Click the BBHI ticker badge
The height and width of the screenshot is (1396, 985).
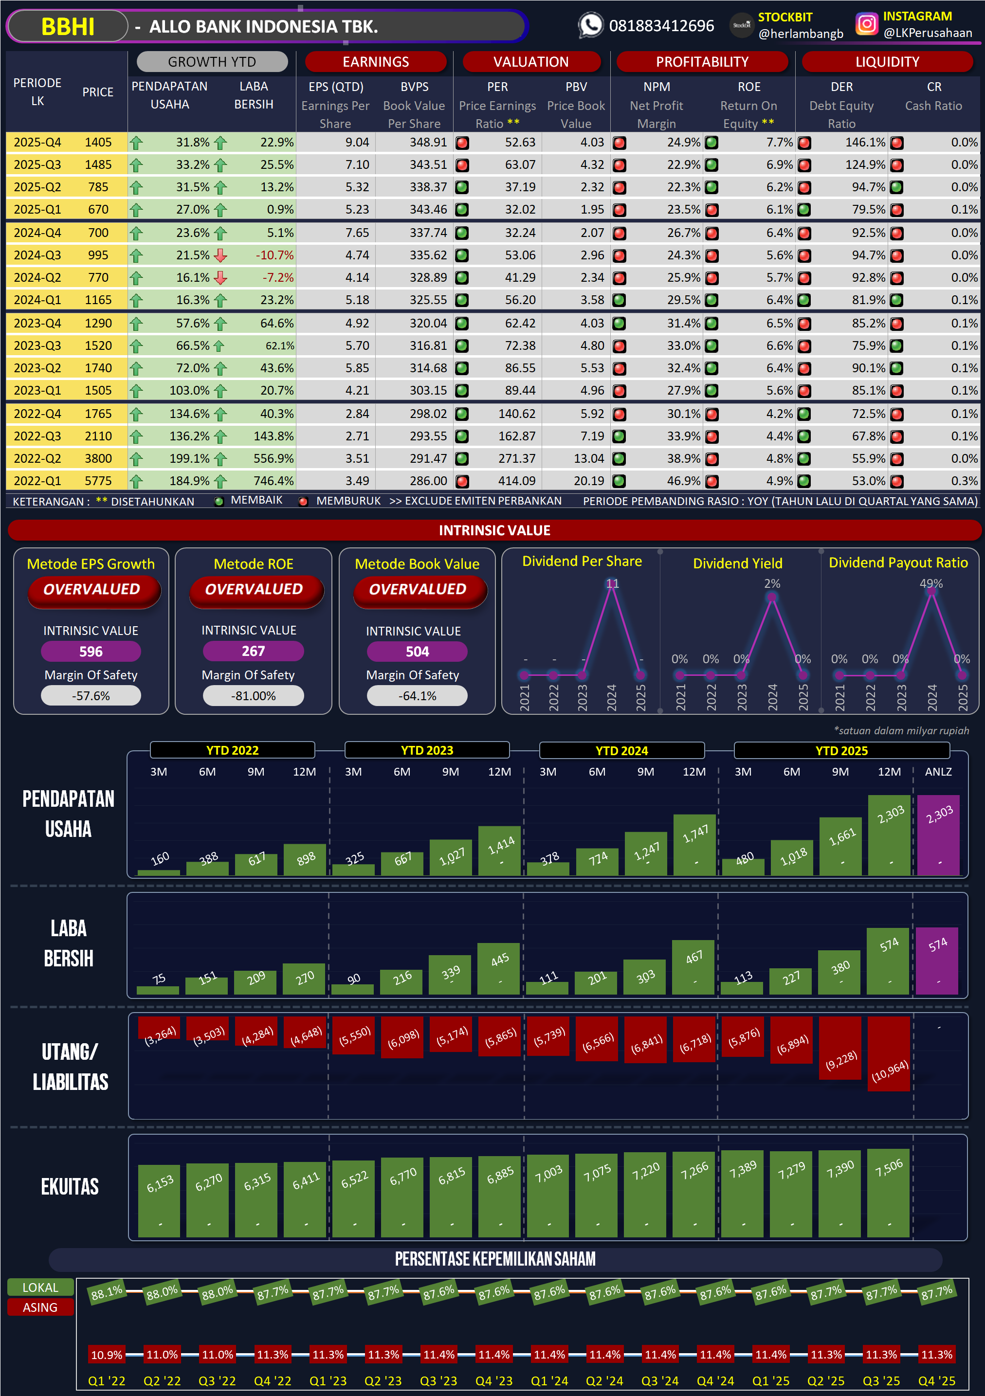pyautogui.click(x=68, y=27)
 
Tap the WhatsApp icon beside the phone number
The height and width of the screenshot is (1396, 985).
pyautogui.click(x=590, y=25)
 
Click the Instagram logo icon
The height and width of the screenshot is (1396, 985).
pyautogui.click(x=866, y=24)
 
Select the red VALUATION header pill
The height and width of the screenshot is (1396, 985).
pyautogui.click(x=531, y=62)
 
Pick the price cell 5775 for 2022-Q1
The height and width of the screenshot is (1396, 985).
pyautogui.click(x=98, y=481)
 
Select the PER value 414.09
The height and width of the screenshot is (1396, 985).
pyautogui.click(x=517, y=481)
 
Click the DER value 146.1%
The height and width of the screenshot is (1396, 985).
pyautogui.click(x=865, y=142)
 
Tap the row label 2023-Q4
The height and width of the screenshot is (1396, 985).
pyautogui.click(x=37, y=324)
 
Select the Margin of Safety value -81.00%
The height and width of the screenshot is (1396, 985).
pyautogui.click(x=253, y=696)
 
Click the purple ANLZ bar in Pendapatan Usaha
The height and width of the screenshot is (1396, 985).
pyautogui.click(x=938, y=836)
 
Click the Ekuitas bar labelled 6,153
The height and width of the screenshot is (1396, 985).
pyautogui.click(x=159, y=1201)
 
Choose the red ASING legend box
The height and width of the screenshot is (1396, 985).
pyautogui.click(x=40, y=1307)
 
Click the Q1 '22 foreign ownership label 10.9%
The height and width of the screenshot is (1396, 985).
pyautogui.click(x=107, y=1355)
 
